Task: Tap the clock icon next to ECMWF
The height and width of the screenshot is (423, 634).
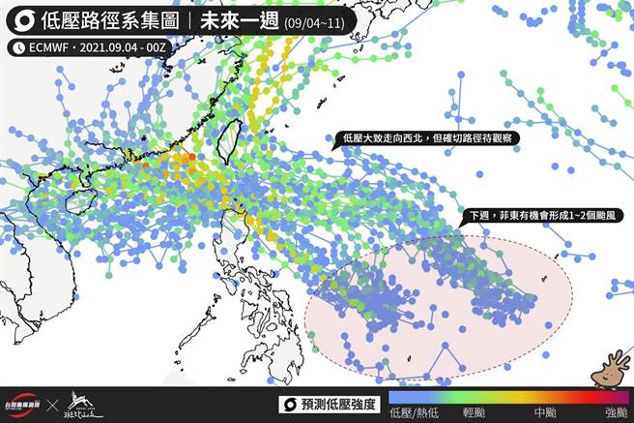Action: point(19,46)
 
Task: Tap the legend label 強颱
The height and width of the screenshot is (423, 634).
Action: point(616,413)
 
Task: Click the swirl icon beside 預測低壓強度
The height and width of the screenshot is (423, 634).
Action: point(287,404)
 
